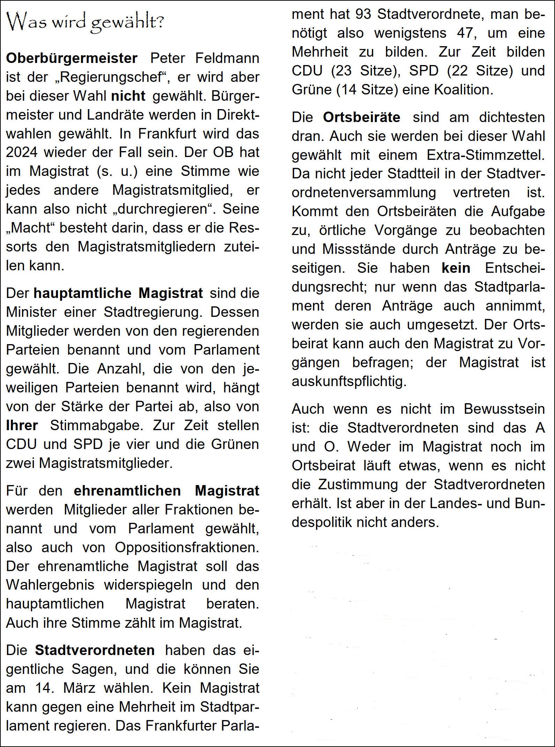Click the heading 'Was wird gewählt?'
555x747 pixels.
pos(85,22)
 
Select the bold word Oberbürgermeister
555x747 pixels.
pos(72,58)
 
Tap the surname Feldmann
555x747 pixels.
pos(227,58)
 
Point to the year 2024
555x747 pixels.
pos(22,152)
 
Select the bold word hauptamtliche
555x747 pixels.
pos(82,293)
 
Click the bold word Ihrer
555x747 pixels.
pos(22,426)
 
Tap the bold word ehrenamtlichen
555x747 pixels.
pos(127,491)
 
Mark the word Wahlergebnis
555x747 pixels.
pos(50,585)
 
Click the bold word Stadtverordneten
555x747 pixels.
pos(95,650)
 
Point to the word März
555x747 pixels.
pos(79,688)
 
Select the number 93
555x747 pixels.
pos(363,14)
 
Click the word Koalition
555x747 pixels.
pos(463,90)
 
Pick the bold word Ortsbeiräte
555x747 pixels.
pos(362,118)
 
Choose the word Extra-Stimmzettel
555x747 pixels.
pos(485,155)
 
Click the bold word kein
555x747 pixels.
pos(456,268)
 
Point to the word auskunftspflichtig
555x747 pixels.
pos(349,382)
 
